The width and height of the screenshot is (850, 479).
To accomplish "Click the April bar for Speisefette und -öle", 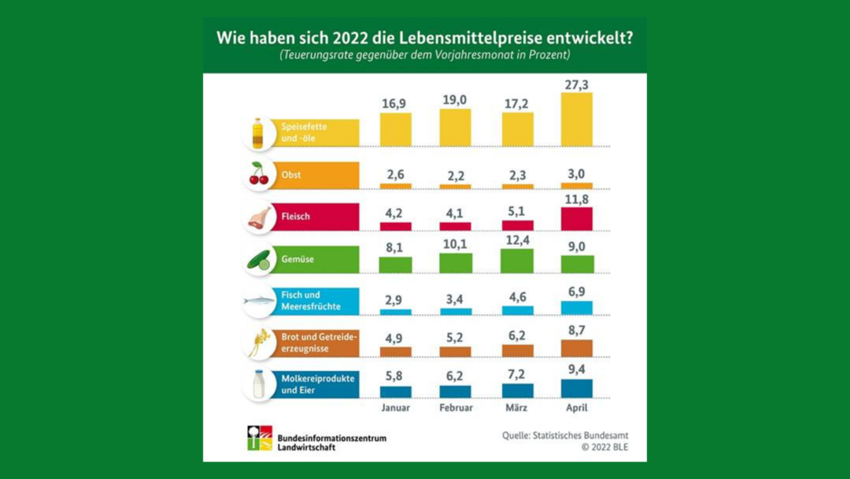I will point(577,119).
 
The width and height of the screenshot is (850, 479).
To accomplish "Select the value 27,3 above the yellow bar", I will point(577,85).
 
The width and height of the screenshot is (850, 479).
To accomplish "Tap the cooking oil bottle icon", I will point(257,133).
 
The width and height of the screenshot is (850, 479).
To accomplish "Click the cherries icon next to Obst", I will point(259,175).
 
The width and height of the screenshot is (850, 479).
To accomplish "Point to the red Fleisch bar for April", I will point(577,218).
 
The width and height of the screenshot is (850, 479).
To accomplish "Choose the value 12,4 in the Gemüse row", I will point(517,240).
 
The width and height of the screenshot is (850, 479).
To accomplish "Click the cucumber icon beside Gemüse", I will point(259,260).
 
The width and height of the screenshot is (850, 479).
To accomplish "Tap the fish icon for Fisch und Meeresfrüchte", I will point(259,301).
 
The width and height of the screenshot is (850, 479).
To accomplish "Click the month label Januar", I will point(395,408).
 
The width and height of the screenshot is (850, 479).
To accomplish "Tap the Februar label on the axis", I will point(456,408).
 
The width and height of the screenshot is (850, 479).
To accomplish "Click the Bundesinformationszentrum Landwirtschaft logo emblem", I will point(260,438).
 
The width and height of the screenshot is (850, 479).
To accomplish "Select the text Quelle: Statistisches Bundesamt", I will point(565,436).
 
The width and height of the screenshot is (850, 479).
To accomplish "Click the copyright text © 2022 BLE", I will point(604,448).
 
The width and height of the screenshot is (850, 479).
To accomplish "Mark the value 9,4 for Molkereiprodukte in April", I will point(577,369).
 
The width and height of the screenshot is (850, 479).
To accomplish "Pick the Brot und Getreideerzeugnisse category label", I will point(318,343).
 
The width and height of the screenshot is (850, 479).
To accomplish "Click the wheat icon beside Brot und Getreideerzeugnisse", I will point(259,343).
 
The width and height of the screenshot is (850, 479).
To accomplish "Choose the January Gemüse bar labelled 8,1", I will point(395,265).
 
